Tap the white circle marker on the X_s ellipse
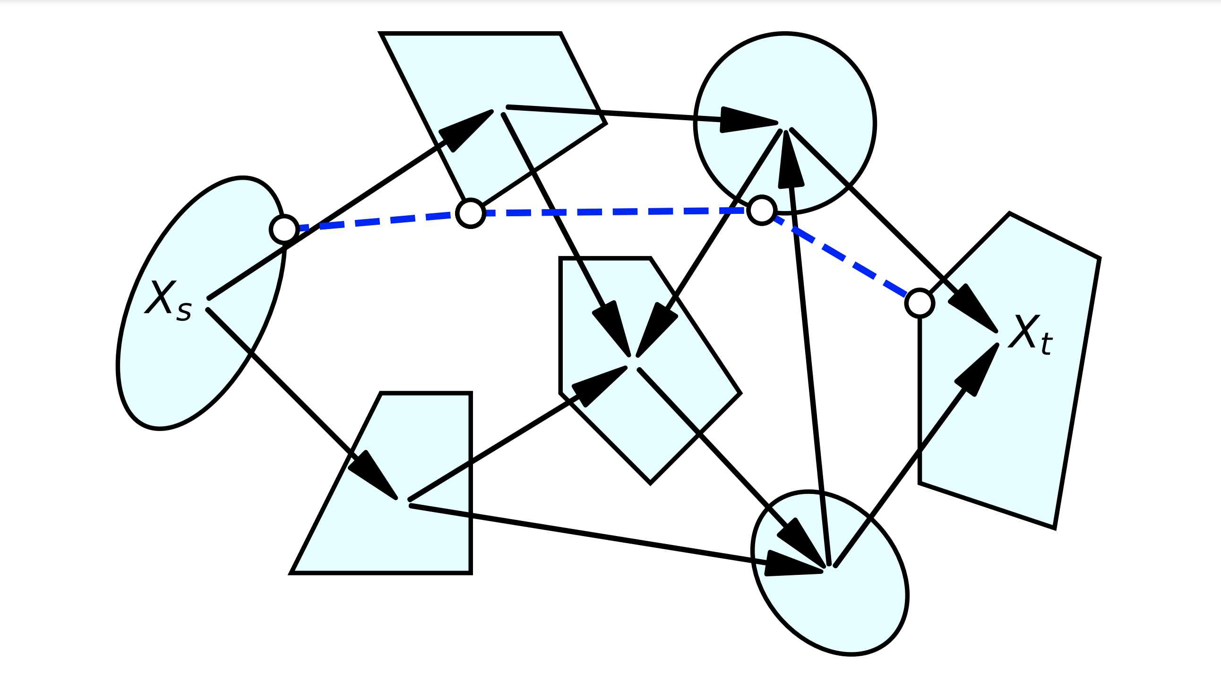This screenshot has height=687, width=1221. coord(284,229)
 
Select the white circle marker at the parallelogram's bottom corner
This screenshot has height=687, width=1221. coord(470,213)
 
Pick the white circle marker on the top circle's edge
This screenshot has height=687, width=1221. coord(761,210)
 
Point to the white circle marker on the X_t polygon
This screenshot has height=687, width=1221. coord(920,303)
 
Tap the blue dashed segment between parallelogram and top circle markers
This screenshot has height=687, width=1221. coord(616,211)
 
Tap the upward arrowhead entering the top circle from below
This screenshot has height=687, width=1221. coord(790,161)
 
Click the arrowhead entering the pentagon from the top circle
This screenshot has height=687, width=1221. coord(656,330)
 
